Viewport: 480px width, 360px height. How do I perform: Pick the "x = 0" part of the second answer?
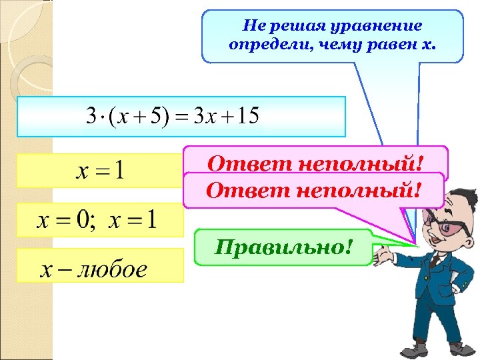tap(65, 219)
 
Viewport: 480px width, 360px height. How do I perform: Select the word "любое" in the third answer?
tap(111, 269)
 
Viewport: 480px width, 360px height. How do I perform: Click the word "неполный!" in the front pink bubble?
tap(358, 191)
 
